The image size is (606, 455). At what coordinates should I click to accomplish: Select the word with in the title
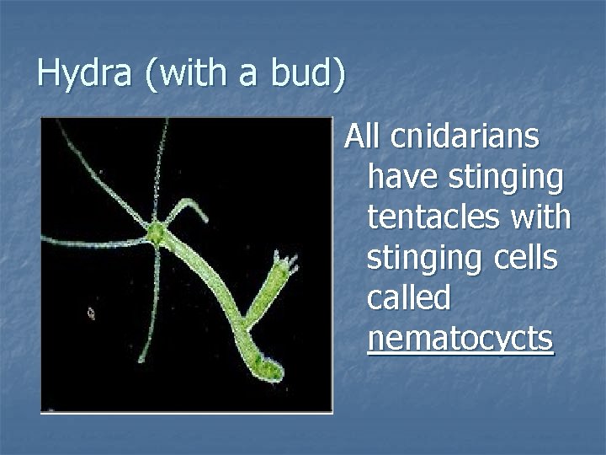click(187, 74)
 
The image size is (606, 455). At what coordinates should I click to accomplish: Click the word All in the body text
click(363, 136)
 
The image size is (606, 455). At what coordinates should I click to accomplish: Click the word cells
click(525, 258)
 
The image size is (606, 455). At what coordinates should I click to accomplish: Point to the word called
click(409, 297)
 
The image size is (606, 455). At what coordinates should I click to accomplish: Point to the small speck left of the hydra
click(92, 313)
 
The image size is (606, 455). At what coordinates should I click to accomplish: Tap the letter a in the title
click(245, 76)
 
